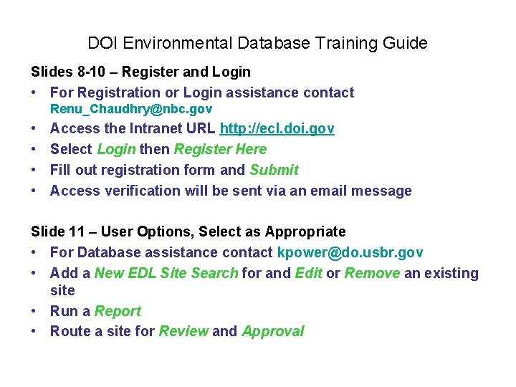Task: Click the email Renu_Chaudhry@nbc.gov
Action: coord(131,110)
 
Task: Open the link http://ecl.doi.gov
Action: coord(277,129)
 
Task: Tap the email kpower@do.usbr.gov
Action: coord(350,252)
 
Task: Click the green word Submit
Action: coord(274,170)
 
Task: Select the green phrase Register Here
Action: coord(220,149)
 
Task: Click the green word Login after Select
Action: coord(116,149)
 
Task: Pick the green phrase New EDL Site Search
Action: coord(166,273)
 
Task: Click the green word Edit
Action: coord(308,273)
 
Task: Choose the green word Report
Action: coord(118,311)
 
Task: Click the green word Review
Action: coord(183,331)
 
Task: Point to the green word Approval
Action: coord(273,331)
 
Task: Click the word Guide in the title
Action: coord(406,43)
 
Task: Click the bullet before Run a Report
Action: coord(35,311)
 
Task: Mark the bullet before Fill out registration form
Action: coord(35,170)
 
